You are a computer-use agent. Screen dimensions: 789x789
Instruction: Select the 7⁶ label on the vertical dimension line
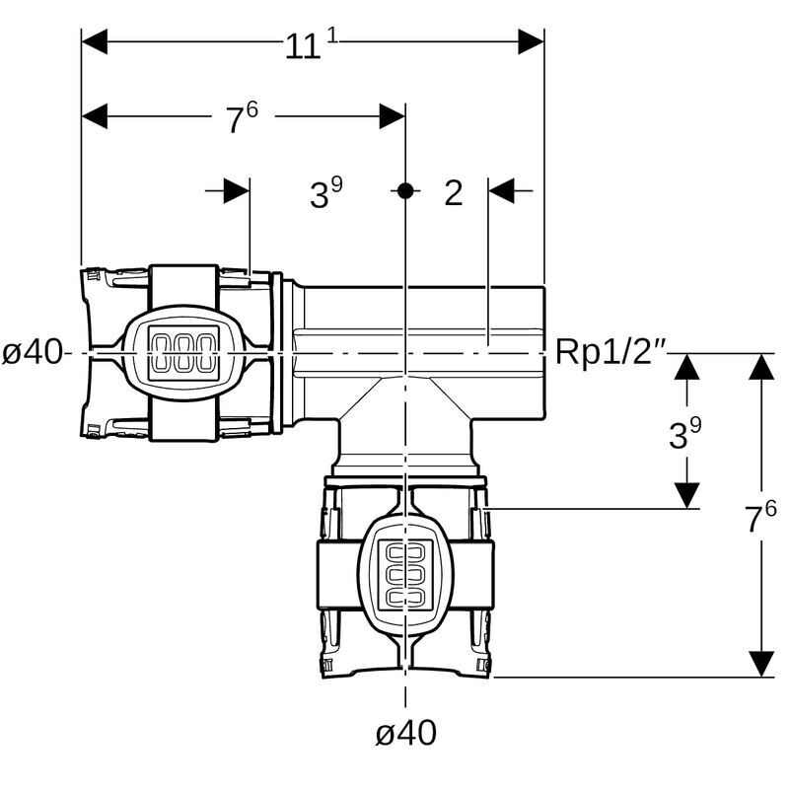[x=760, y=516]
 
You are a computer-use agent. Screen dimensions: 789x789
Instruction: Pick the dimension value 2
[x=453, y=193]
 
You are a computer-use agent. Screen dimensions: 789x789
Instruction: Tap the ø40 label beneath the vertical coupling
[x=405, y=732]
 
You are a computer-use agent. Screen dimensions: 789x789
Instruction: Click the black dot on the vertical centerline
[x=404, y=190]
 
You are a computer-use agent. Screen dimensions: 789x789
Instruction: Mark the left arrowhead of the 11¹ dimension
[x=95, y=41]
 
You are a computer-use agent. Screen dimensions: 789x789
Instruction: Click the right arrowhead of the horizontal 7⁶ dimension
[x=392, y=116]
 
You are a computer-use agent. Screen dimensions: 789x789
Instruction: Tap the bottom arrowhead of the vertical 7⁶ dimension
[x=760, y=663]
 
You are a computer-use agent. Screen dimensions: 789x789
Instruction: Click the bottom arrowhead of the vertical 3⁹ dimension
[x=686, y=495]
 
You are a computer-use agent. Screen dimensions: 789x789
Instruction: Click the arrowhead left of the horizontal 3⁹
[x=236, y=190]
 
